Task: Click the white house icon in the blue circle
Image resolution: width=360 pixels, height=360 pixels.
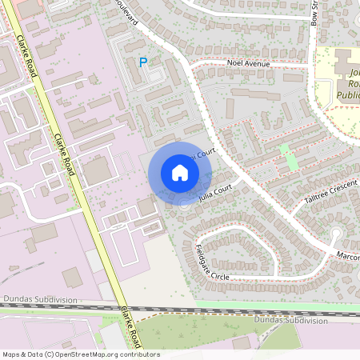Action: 180,173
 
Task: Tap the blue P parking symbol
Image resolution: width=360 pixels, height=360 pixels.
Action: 143,62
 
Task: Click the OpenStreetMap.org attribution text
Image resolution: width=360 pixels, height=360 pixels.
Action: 103,354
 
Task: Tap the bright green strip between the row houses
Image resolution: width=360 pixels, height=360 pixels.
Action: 287,158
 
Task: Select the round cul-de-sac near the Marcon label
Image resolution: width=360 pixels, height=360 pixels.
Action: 337,234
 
